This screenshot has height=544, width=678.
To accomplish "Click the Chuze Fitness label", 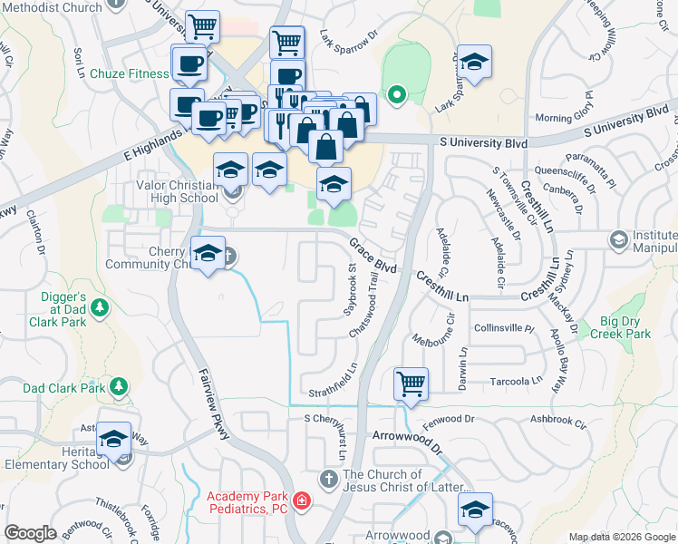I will click(x=129, y=73).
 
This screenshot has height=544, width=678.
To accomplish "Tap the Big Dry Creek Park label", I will click(x=625, y=327).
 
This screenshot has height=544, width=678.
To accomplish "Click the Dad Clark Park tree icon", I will click(x=118, y=388).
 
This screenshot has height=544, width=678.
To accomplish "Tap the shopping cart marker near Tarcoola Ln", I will click(x=411, y=384).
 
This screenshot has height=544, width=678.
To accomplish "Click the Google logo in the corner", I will click(x=31, y=533).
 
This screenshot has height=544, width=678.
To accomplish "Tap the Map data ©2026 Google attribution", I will click(x=622, y=537).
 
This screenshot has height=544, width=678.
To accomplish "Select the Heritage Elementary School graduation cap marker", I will click(x=114, y=440).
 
